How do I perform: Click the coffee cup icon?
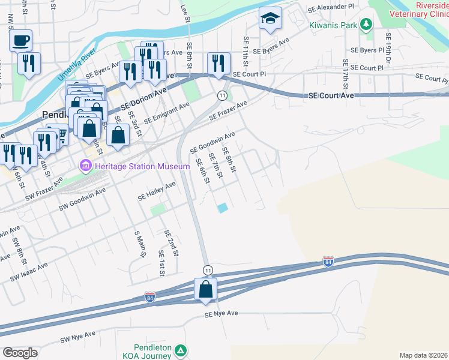tap(21, 41)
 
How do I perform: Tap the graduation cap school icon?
tap(270, 19)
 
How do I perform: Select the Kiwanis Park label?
tap(333, 25)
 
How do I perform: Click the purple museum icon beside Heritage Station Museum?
tap(83, 166)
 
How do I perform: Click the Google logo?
tap(20, 353)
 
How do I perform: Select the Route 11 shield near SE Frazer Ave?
tap(222, 96)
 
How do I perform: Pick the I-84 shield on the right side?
tap(327, 262)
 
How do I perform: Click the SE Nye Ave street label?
tap(221, 314)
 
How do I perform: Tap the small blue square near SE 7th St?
tap(223, 208)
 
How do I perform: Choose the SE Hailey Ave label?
tap(156, 191)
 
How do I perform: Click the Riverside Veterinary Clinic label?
tap(419, 8)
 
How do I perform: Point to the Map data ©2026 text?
tap(424, 355)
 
